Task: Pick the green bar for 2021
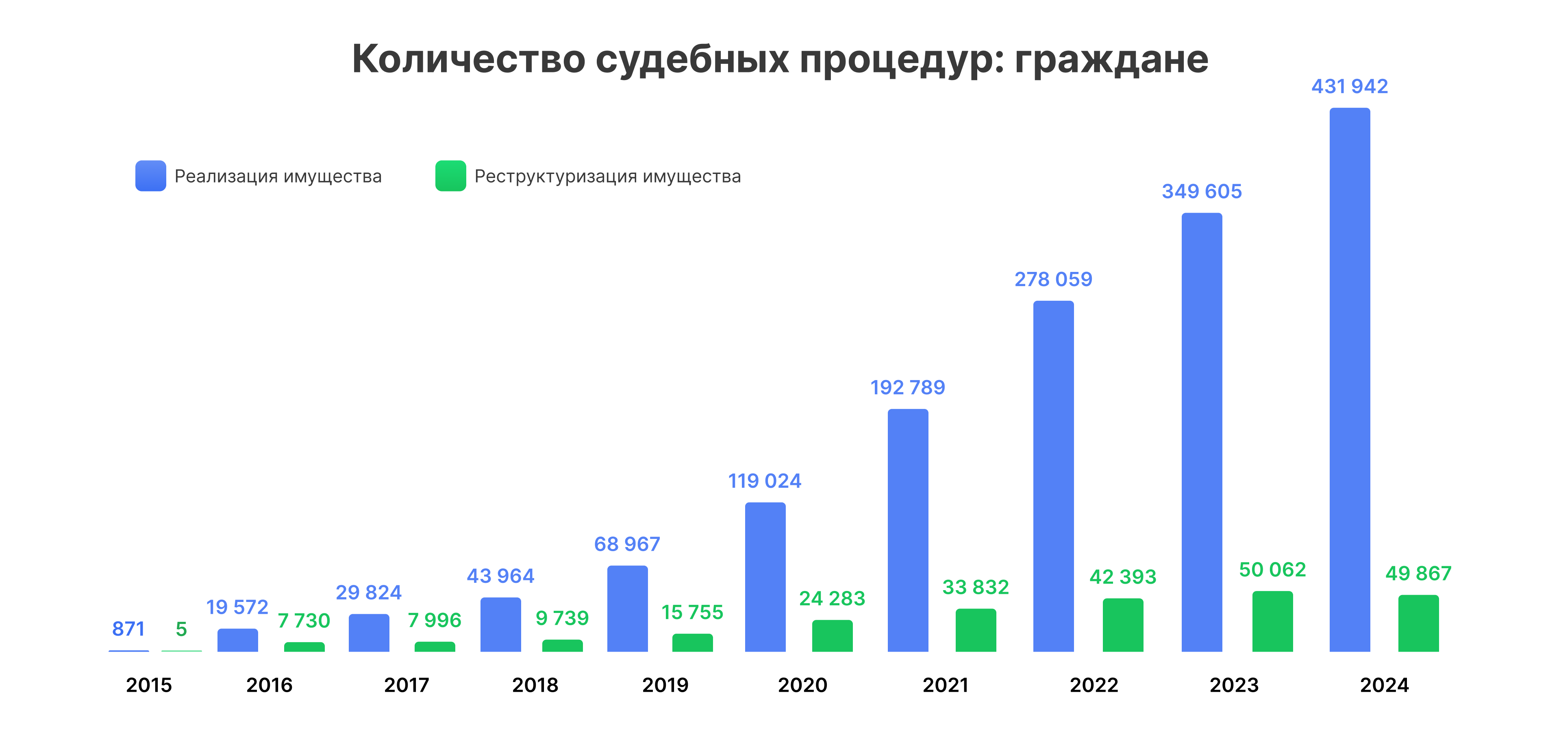[976, 630]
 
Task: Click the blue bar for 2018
[500, 625]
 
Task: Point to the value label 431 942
[1350, 87]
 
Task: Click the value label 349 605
[1202, 191]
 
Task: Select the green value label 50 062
[1272, 570]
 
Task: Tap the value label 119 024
[765, 481]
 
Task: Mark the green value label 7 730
[304, 621]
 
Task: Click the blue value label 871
[128, 629]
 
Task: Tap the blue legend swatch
[150, 176]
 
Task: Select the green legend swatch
[450, 176]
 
